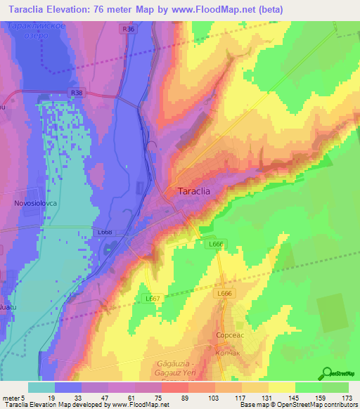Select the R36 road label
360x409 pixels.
[x=127, y=30]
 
